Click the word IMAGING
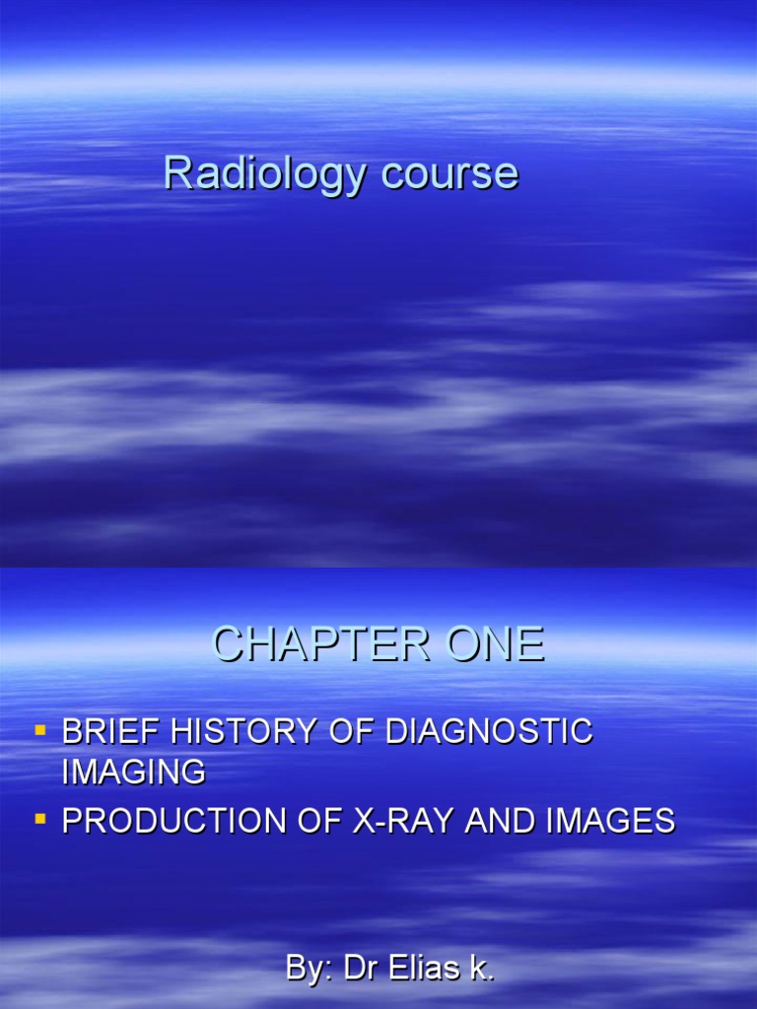click(134, 773)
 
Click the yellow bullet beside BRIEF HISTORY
click(40, 731)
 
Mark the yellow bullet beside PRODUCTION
click(40, 819)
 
